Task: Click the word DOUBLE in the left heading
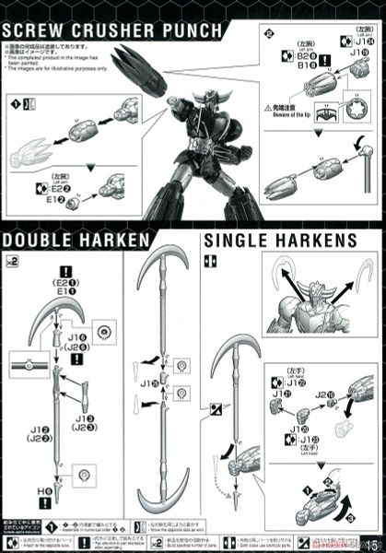pos(34,241)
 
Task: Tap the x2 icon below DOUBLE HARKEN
pos(12,262)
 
